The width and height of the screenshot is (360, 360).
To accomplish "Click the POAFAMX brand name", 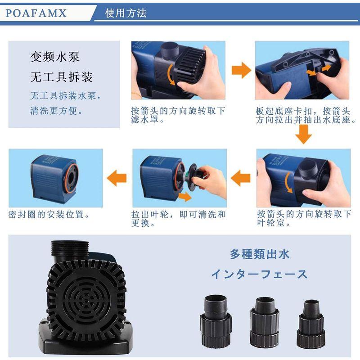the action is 36,13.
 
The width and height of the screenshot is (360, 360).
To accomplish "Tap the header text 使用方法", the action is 126,13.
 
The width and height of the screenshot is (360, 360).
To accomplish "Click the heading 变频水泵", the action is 55,57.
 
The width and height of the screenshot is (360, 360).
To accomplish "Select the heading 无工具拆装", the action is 61,77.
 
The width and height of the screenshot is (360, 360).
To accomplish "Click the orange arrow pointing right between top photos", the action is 241,70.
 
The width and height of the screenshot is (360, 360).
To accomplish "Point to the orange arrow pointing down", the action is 303,135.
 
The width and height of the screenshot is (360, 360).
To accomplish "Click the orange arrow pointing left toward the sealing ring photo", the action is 117,178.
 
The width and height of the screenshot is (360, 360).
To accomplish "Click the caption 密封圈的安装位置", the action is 49,215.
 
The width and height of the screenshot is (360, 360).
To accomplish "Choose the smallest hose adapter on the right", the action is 311,323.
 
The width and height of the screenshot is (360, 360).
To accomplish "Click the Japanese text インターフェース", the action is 259,274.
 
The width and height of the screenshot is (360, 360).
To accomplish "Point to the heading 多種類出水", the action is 260,254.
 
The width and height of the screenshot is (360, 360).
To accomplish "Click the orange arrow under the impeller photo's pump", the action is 185,197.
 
